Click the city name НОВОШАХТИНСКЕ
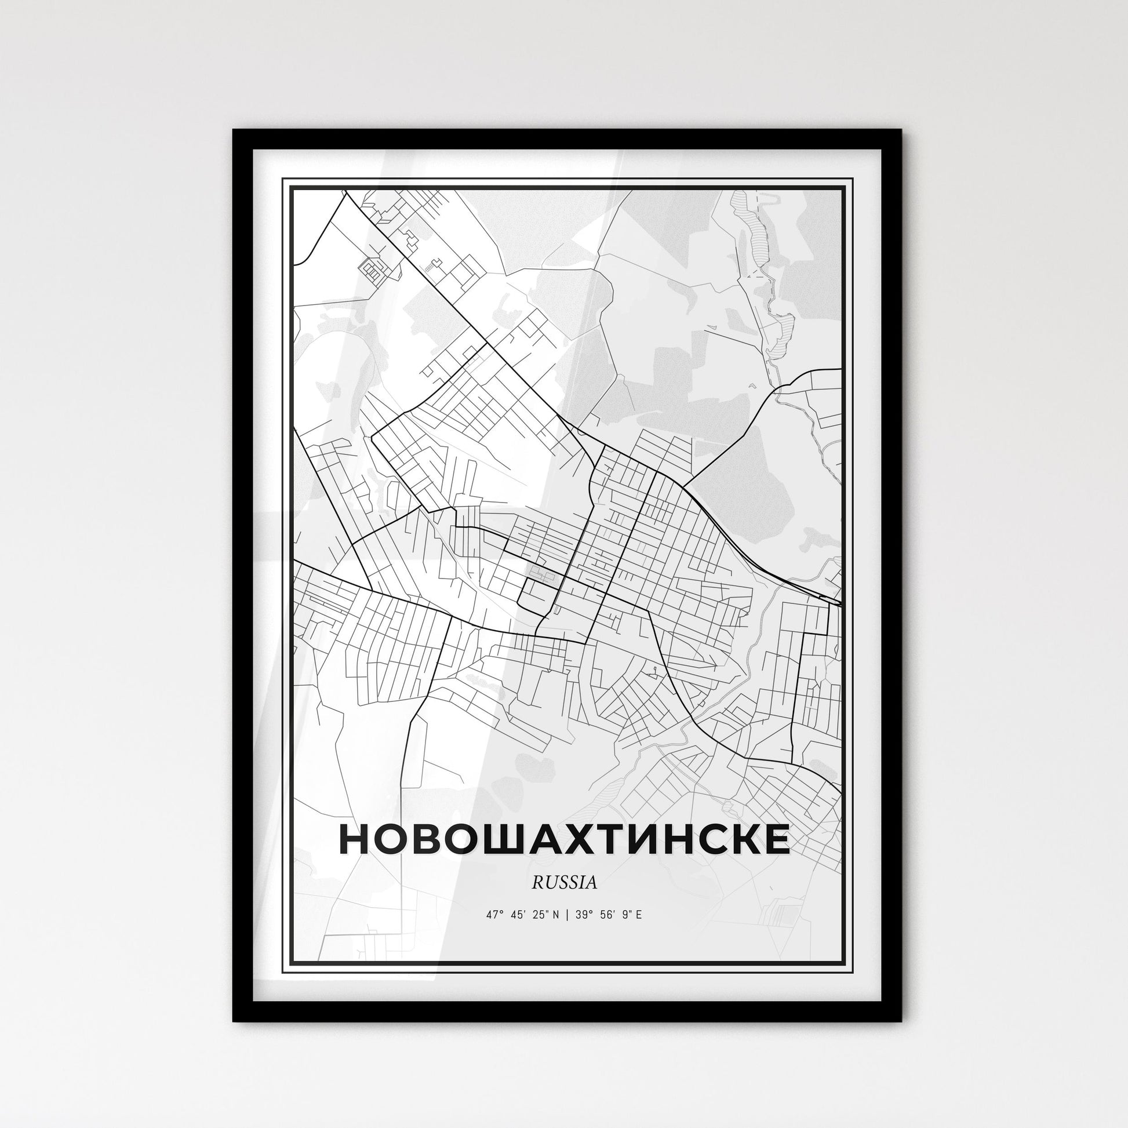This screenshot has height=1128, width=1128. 563,839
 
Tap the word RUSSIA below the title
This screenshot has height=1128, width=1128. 564,883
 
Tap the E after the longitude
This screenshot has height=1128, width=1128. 639,915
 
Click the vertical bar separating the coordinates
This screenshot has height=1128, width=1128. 562,915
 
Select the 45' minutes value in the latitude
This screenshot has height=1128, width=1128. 517,915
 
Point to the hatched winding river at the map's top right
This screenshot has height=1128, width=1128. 759,245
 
